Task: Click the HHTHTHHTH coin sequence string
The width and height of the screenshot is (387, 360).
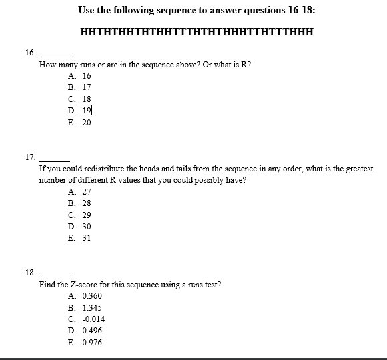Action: [196, 31]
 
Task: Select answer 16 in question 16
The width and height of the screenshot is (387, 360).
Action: [80, 76]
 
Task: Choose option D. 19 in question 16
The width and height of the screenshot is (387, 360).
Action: [80, 111]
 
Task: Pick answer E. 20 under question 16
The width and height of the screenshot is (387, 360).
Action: [80, 123]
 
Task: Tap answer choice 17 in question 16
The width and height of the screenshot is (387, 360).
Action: [80, 87]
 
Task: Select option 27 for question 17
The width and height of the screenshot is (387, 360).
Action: [80, 191]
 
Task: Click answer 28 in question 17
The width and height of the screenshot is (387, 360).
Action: [80, 203]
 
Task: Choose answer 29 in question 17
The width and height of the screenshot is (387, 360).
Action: [80, 215]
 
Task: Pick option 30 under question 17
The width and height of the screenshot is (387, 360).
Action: [80, 227]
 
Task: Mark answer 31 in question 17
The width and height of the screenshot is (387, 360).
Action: [80, 238]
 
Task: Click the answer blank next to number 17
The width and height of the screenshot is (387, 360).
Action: [55, 160]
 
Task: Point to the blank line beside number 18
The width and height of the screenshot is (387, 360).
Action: [55, 275]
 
